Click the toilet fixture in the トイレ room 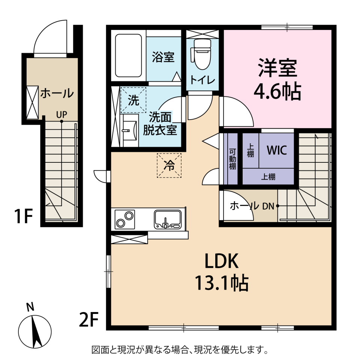tap(201, 54)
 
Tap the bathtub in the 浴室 tap(128, 55)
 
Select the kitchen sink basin tap(168, 219)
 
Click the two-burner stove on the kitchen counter tap(124, 219)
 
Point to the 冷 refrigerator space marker tap(169, 165)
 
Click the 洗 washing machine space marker tap(133, 100)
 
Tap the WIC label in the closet tap(277, 150)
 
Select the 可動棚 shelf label tap(232, 159)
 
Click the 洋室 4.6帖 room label tap(277, 79)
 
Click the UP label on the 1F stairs tap(61, 114)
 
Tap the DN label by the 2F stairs tap(268, 206)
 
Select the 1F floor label tap(24, 216)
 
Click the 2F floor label tap(89, 319)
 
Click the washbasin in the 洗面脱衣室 tap(129, 130)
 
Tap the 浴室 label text tap(163, 57)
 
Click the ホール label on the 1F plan tap(57, 93)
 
